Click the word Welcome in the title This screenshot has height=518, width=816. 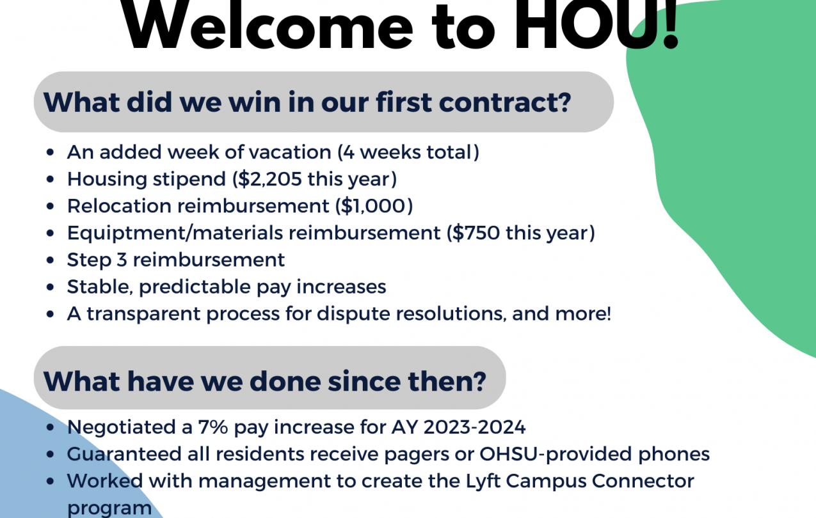pyautogui.click(x=267, y=24)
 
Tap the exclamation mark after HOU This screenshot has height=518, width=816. pyautogui.click(x=670, y=24)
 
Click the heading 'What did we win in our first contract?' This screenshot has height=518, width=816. pyautogui.click(x=307, y=102)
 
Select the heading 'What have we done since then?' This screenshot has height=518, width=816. pyautogui.click(x=265, y=381)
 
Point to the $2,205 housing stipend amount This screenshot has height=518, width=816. pyautogui.click(x=270, y=179)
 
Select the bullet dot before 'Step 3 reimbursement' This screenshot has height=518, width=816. pyautogui.click(x=51, y=260)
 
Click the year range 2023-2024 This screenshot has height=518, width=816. pyautogui.click(x=475, y=427)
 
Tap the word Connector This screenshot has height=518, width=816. pyautogui.click(x=643, y=482)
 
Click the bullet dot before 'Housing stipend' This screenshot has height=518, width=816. pyautogui.click(x=51, y=180)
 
